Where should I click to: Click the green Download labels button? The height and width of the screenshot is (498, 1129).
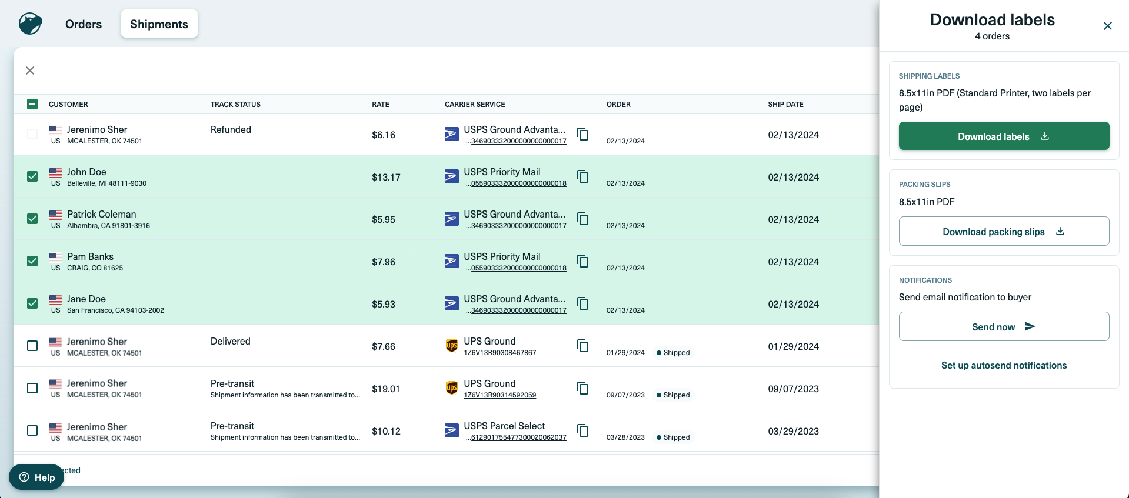pyautogui.click(x=1004, y=136)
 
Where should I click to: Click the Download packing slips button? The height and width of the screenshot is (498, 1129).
pyautogui.click(x=1004, y=232)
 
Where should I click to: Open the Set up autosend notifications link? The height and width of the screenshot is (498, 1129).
pyautogui.click(x=1004, y=365)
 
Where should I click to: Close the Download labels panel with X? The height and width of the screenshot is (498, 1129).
pyautogui.click(x=1107, y=26)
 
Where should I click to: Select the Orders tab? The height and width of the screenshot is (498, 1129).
pyautogui.click(x=84, y=24)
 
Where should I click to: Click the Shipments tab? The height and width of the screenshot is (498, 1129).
pyautogui.click(x=159, y=24)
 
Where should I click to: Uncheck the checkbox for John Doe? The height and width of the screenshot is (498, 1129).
pyautogui.click(x=32, y=176)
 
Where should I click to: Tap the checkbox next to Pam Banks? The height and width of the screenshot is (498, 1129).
pyautogui.click(x=32, y=261)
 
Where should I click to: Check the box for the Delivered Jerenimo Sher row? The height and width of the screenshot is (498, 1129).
pyautogui.click(x=32, y=346)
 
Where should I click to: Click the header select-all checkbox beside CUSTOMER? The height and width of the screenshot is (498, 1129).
pyautogui.click(x=32, y=104)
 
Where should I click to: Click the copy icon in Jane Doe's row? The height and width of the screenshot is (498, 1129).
pyautogui.click(x=582, y=303)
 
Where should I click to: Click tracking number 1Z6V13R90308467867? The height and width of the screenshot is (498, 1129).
pyautogui.click(x=499, y=353)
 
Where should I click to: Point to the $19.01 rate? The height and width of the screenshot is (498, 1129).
pyautogui.click(x=385, y=389)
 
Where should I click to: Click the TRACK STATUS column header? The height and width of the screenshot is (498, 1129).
pyautogui.click(x=235, y=104)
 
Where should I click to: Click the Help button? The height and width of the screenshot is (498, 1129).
pyautogui.click(x=36, y=477)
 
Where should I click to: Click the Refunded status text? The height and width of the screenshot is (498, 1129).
pyautogui.click(x=231, y=129)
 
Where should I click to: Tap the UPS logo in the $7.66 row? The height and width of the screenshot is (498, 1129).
pyautogui.click(x=451, y=346)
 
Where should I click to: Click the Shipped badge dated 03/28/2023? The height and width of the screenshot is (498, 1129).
pyautogui.click(x=673, y=437)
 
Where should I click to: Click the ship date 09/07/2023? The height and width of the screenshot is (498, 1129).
pyautogui.click(x=793, y=389)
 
